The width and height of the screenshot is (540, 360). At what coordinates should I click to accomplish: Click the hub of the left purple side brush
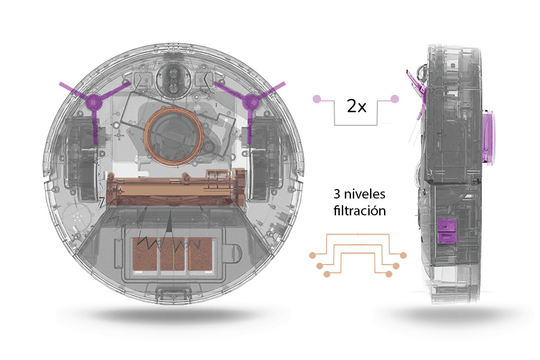94,103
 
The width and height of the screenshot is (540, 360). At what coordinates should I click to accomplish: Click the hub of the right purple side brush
250,103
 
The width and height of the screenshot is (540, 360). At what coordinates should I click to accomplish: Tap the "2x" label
356,106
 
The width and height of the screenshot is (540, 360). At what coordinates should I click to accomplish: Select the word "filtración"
359,211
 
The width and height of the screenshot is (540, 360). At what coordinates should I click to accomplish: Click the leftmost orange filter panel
145,254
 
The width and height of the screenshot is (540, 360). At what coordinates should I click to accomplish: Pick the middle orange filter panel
173,254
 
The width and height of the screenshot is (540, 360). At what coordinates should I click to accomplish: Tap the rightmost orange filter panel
200,254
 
